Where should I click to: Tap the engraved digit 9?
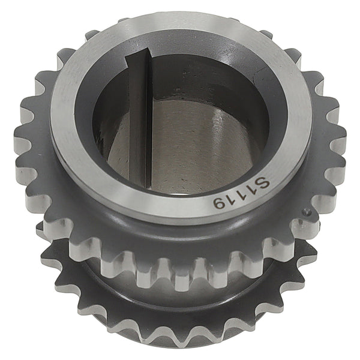tap(219, 203)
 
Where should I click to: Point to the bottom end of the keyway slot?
tap(139, 187)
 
